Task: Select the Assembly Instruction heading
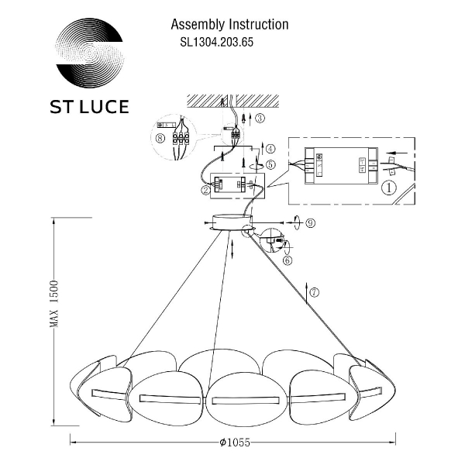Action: [x=229, y=25]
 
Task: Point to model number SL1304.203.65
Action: [x=212, y=43]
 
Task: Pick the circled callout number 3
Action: [x=260, y=118]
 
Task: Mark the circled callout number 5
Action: [x=270, y=164]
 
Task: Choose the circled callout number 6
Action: [x=288, y=260]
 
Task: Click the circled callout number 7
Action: [x=314, y=292]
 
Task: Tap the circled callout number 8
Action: [x=160, y=140]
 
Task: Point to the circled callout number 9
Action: [x=309, y=223]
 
